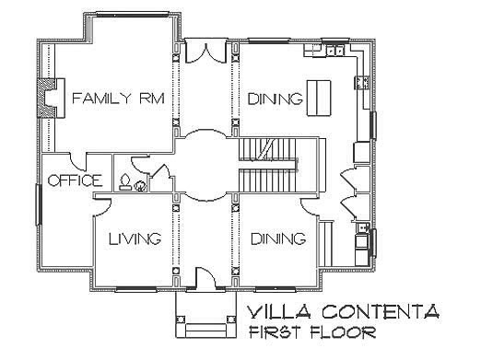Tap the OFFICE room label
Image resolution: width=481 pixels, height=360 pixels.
pyautogui.click(x=74, y=180)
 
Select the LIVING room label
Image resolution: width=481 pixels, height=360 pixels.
pyautogui.click(x=135, y=239)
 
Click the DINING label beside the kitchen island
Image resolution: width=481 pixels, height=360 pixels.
pyautogui.click(x=275, y=99)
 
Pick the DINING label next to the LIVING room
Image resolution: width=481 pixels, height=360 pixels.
pyautogui.click(x=277, y=239)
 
